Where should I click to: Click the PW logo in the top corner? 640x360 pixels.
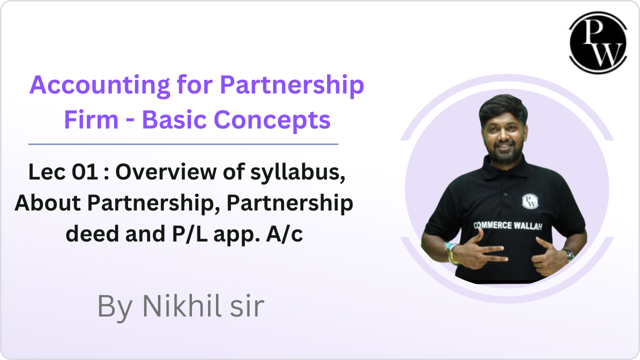click(597, 42)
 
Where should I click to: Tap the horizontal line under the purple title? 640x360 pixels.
click(183, 144)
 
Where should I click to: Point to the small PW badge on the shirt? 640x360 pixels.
click(529, 201)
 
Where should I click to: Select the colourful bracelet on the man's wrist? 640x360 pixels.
click(452, 252)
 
